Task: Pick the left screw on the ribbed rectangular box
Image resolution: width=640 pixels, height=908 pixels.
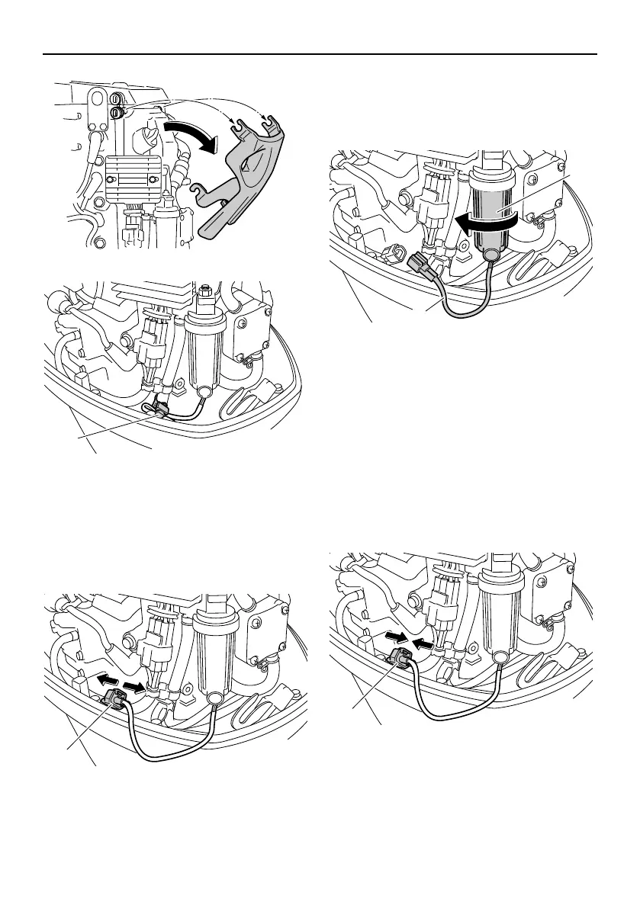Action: [x=112, y=178]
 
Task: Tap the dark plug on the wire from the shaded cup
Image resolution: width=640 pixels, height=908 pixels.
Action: [x=418, y=266]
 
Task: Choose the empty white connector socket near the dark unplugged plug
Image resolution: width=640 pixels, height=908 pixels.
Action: [x=397, y=253]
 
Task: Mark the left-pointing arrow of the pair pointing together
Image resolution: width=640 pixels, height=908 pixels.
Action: [x=423, y=644]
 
